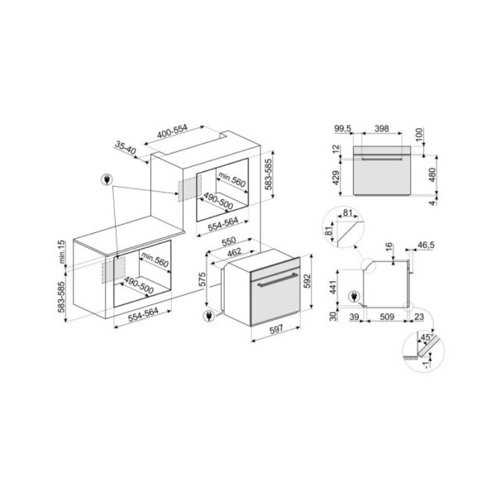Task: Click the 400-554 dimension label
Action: coord(173,131)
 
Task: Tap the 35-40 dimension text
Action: coord(126,148)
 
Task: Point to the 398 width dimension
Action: coord(382,128)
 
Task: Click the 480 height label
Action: coord(432,175)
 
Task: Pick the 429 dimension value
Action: coord(336,178)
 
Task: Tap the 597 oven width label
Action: coord(276,329)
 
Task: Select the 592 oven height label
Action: coord(307,281)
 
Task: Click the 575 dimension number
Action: coord(203,279)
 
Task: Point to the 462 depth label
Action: coord(235,252)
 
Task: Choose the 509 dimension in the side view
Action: coord(387,317)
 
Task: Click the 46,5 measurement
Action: coord(426,245)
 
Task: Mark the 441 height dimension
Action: coord(333,287)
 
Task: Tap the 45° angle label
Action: coord(426,337)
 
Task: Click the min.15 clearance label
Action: coord(62,251)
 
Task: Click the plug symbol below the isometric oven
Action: coord(209,316)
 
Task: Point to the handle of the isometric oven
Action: coord(279,279)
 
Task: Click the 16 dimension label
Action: coord(389,246)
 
